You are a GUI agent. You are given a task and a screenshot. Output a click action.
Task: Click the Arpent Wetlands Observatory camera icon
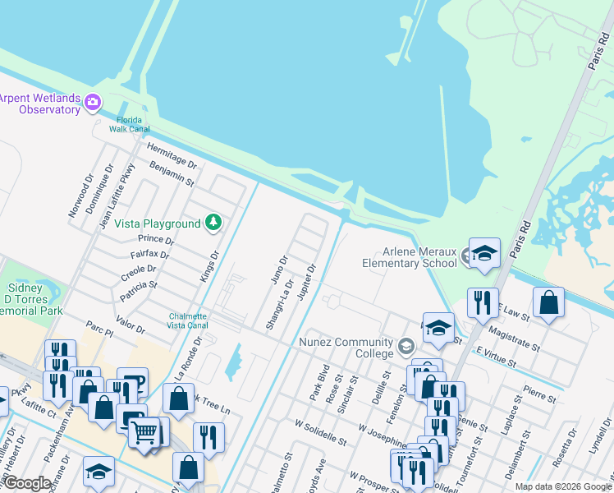click(x=92, y=104)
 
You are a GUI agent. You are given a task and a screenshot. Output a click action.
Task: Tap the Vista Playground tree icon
click(x=213, y=223)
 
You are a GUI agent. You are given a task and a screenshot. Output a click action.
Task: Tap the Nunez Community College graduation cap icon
click(x=406, y=347)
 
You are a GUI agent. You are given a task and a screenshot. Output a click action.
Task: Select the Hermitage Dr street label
click(x=172, y=154)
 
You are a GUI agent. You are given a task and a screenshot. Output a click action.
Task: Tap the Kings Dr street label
click(x=210, y=267)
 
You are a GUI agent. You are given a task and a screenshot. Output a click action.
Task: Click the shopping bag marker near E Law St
click(x=548, y=302)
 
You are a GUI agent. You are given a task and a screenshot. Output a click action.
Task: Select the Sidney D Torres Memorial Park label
click(x=31, y=301)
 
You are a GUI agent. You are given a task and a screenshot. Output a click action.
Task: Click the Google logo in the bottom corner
click(x=27, y=483)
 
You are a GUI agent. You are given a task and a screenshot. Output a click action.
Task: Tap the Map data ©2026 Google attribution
click(x=562, y=486)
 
